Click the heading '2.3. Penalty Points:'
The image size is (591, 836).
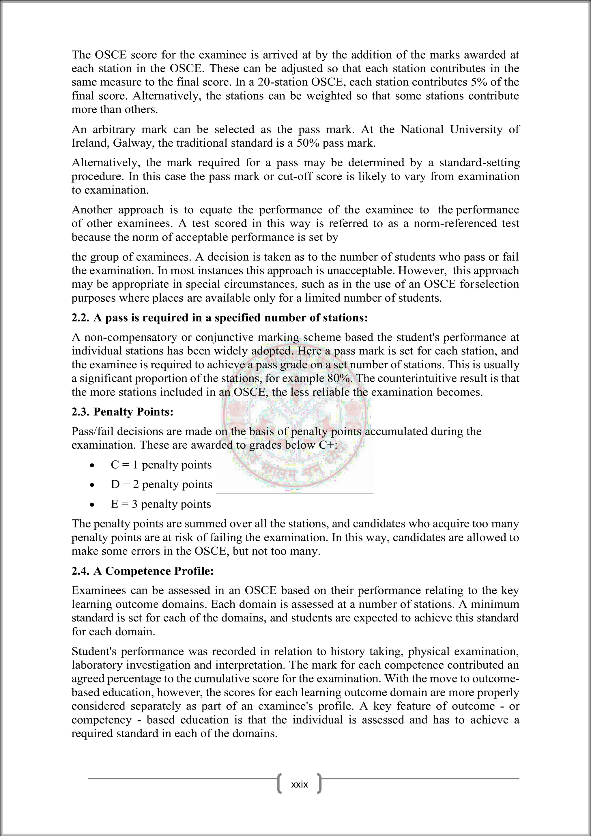pyautogui.click(x=122, y=412)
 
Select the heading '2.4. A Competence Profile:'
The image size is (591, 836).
pyautogui.click(x=143, y=571)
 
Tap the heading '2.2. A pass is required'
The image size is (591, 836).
pyautogui.click(x=220, y=318)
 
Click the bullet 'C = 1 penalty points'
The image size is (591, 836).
pyautogui.click(x=161, y=465)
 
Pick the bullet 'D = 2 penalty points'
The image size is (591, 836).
pyautogui.click(x=161, y=485)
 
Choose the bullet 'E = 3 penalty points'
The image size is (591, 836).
pyautogui.click(x=160, y=504)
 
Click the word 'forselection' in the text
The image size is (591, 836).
pyautogui.click(x=489, y=284)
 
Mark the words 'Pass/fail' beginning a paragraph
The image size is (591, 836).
pyautogui.click(x=92, y=432)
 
